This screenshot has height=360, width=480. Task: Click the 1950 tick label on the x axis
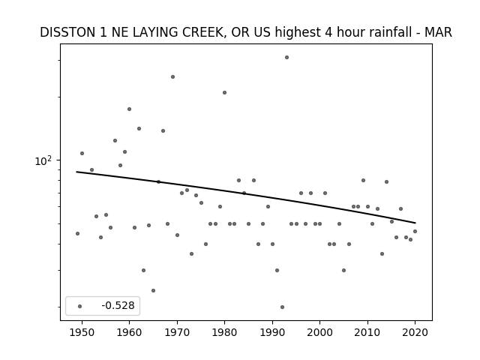pos(82,332)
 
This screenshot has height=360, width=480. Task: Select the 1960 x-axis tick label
pos(129,332)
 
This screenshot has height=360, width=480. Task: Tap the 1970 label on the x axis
pos(177,332)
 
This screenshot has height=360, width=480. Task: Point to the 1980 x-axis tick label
pos(224,332)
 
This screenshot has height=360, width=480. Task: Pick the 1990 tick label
pos(272,332)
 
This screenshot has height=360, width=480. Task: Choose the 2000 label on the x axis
pos(319,332)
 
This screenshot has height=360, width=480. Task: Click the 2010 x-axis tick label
pos(367,332)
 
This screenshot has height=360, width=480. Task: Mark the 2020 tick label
pos(415,332)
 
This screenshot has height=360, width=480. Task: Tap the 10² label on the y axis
pos(43,160)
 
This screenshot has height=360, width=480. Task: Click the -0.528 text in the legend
pos(118,305)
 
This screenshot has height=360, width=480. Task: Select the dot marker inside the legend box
pos(79,306)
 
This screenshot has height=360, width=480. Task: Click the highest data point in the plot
pos(286,57)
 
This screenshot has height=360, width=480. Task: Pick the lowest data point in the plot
pos(282,307)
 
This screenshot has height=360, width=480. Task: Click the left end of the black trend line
pos(76,172)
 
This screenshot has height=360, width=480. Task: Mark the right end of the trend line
pos(415,223)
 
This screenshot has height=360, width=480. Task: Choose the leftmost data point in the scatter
pos(77,233)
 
